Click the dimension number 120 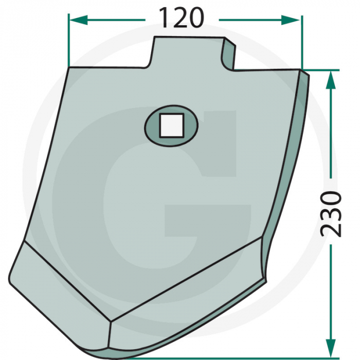(x=181, y=19)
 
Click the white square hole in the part (x=171, y=125)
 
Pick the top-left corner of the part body (x=68, y=68)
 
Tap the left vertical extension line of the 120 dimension (x=68, y=41)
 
